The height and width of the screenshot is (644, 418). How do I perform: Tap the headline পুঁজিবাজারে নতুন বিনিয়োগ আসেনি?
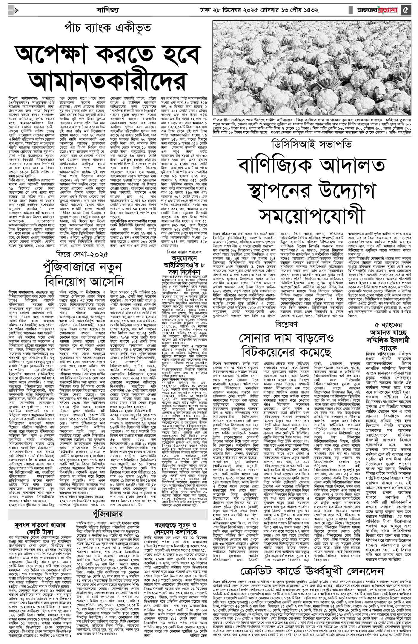(82, 274)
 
